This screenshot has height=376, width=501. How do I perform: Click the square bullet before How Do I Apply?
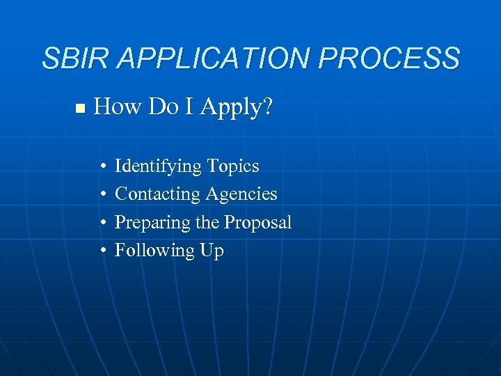tap(79, 109)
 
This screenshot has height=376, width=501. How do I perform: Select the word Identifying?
tap(158, 167)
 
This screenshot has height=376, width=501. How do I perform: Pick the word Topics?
tap(233, 167)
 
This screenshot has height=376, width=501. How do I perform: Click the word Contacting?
tap(157, 194)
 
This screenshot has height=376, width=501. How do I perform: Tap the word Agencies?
tap(241, 195)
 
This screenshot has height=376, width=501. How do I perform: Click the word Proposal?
tap(257, 223)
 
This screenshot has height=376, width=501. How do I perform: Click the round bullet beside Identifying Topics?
tap(102, 167)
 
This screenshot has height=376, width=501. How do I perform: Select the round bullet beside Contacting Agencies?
tap(102, 195)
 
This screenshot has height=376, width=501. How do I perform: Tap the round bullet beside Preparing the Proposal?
tap(102, 223)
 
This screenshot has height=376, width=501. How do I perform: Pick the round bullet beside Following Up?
tap(102, 251)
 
